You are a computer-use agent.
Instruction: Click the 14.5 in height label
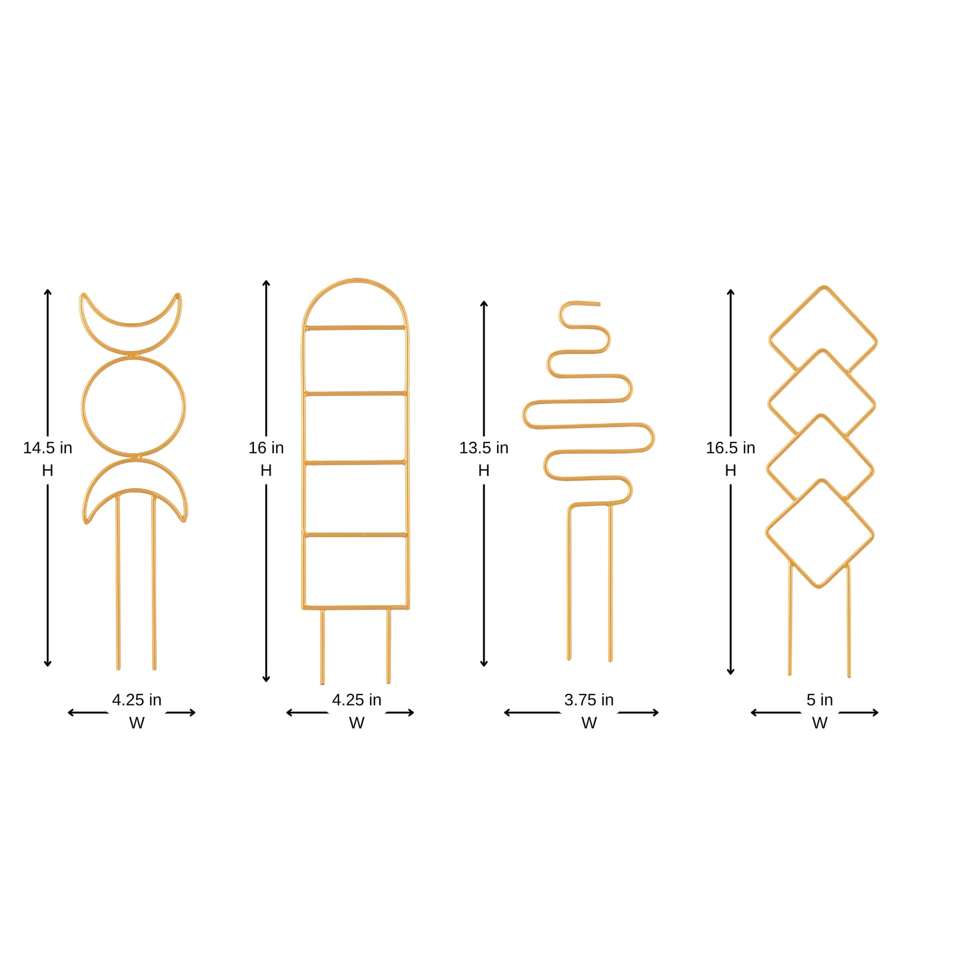pos(47,448)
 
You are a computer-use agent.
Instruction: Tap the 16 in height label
pos(266,448)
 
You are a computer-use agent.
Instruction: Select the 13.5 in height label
pos(484,448)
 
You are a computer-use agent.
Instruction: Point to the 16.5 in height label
pos(730,448)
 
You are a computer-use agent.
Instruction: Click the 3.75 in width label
pos(588,700)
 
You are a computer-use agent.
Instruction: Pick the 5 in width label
pos(820,700)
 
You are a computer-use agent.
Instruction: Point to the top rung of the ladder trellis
pos(355,327)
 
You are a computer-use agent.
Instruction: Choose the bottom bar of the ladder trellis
pos(355,607)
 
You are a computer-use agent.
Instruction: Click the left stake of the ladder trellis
pos(323,646)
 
